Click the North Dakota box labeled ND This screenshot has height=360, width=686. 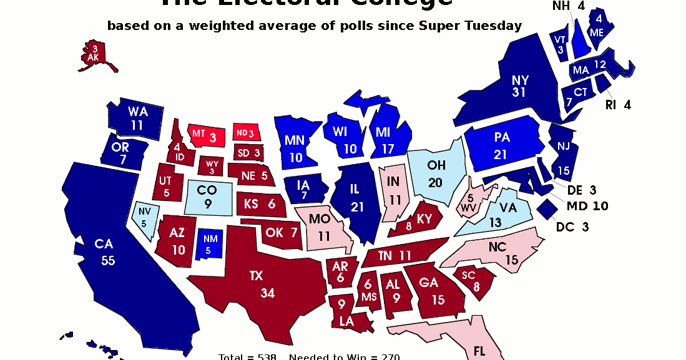tap(245, 133)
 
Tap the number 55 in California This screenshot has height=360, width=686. tap(108, 261)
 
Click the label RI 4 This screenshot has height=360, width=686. tap(618, 105)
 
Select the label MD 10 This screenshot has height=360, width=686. tap(587, 206)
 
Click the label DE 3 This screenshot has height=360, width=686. tap(582, 190)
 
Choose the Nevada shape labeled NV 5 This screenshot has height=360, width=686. tap(145, 218)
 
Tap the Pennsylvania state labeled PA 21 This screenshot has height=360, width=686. tap(502, 145)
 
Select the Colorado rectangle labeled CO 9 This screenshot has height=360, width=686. tap(208, 197)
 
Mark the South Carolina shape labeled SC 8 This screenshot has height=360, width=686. tap(474, 280)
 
